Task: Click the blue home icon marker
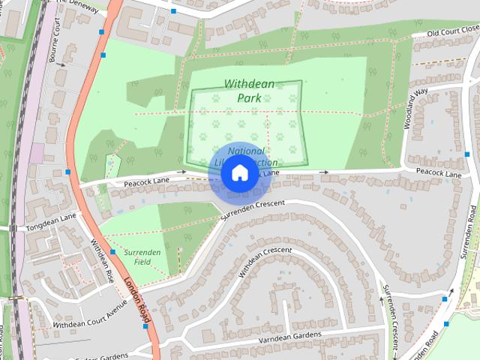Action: click(x=238, y=172)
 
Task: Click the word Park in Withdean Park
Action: click(x=250, y=98)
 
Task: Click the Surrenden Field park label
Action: click(x=142, y=258)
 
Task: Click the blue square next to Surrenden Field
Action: click(x=112, y=252)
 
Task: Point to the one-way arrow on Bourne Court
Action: click(x=61, y=65)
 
